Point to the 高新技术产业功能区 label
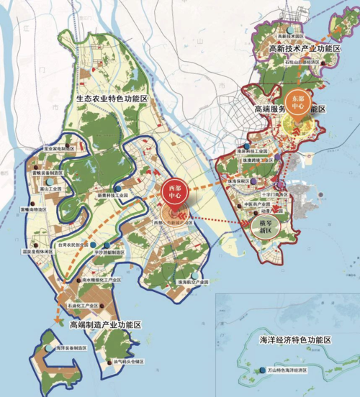point(303,48)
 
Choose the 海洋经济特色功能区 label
point(297,338)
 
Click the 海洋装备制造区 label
point(71,347)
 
